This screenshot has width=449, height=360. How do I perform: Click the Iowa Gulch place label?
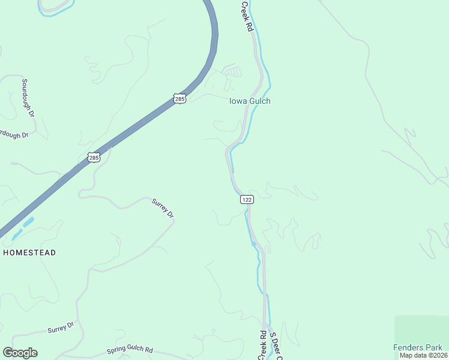click(x=250, y=101)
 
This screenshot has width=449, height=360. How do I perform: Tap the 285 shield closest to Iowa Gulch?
click(x=179, y=98)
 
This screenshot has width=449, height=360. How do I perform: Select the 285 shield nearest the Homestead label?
click(x=93, y=158)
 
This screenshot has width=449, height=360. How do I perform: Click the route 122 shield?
click(x=246, y=199)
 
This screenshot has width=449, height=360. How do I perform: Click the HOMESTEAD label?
click(x=29, y=253)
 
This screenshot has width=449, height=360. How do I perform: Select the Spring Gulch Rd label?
click(x=130, y=350)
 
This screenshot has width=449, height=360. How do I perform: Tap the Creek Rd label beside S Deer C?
click(x=262, y=344)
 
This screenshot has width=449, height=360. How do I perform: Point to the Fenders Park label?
click(x=418, y=347)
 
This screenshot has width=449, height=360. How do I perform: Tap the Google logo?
click(x=20, y=353)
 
